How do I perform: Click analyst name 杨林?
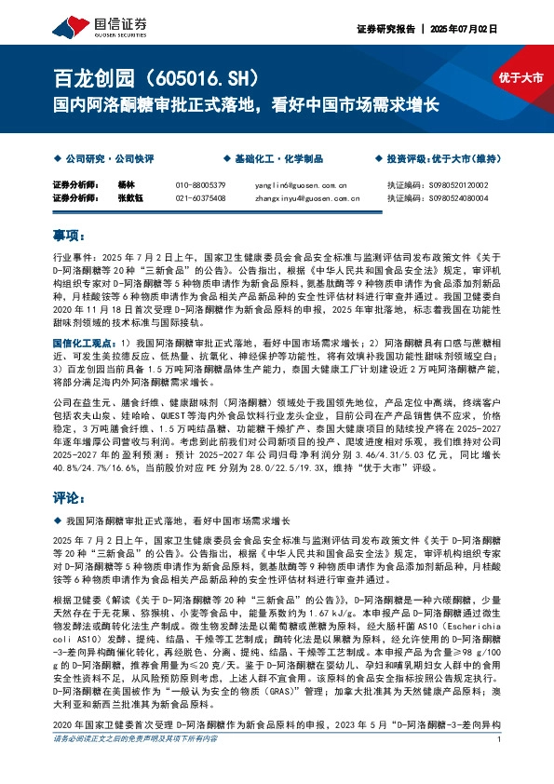[128, 184]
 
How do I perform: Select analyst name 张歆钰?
[130, 197]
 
